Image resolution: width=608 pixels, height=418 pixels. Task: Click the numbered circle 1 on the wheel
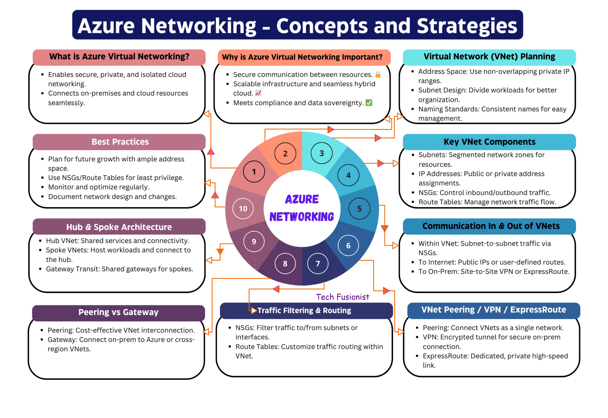[x=254, y=172]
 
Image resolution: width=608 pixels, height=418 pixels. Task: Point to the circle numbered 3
[x=321, y=153]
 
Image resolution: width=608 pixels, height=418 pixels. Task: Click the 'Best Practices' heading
[x=120, y=142]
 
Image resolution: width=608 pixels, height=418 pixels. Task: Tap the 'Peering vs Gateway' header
[x=118, y=312]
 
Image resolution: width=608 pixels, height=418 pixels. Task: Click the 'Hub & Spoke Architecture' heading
[x=119, y=227]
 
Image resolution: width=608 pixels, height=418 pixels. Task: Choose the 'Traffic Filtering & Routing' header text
[x=304, y=310]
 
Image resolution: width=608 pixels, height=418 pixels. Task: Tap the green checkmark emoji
[x=369, y=103]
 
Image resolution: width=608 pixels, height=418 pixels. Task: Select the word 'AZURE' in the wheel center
[x=302, y=199]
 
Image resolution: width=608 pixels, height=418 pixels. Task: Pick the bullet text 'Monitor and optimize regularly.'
[x=99, y=187]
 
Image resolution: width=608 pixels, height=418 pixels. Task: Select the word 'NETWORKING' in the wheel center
[x=302, y=217]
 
